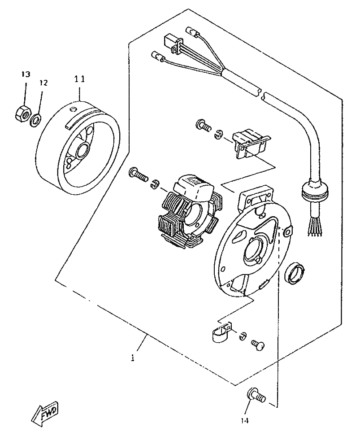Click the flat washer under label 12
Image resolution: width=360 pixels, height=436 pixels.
(35, 119)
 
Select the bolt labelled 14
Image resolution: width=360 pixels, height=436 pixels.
(256, 395)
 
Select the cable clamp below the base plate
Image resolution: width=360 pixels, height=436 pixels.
(221, 333)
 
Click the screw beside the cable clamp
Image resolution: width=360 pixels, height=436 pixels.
(259, 344)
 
